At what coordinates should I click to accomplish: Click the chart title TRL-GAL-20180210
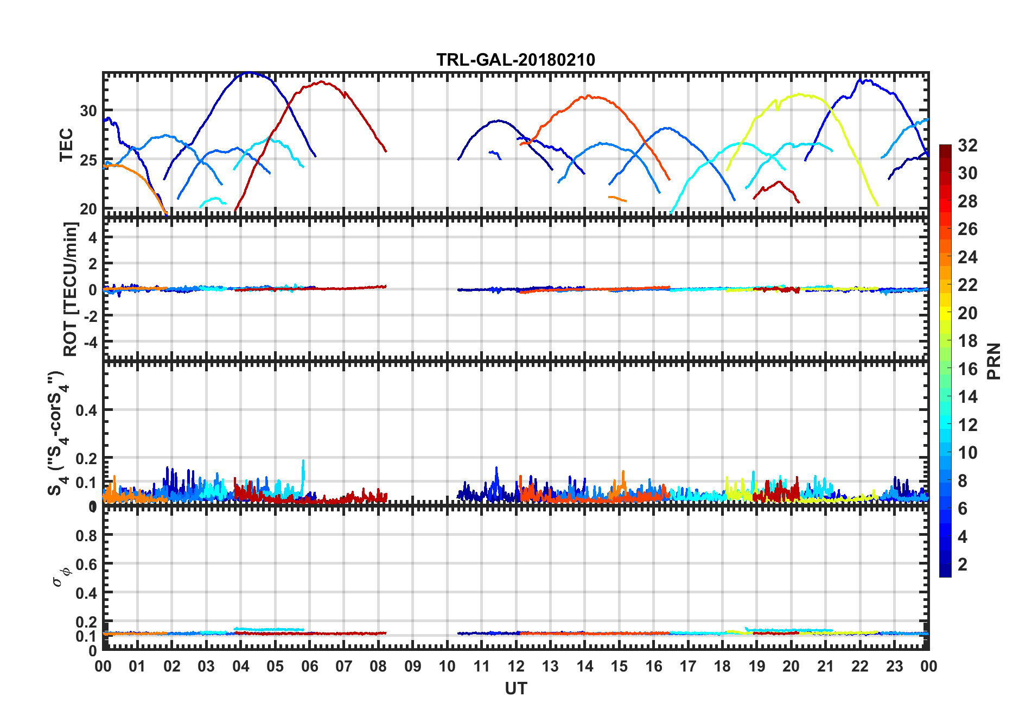(x=515, y=60)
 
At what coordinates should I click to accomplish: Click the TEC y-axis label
(x=66, y=145)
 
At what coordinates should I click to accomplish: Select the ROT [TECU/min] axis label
(x=71, y=289)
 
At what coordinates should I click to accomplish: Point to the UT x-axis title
(x=515, y=688)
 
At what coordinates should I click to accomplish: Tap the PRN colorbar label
(x=993, y=361)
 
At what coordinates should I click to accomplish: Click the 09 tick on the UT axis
(x=412, y=666)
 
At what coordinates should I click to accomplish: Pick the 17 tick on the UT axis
(x=688, y=666)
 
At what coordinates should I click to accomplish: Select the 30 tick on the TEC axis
(x=88, y=111)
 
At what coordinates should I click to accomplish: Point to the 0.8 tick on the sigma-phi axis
(x=87, y=535)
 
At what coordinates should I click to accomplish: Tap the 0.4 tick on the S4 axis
(x=87, y=410)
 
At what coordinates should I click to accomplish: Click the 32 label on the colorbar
(x=967, y=145)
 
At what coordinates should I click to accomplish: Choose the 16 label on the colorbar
(x=967, y=369)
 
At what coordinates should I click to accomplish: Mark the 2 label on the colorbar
(x=963, y=565)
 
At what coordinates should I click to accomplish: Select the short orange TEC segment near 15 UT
(x=617, y=199)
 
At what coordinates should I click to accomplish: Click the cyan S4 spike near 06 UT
(x=303, y=461)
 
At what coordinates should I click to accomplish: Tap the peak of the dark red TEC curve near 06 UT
(x=322, y=82)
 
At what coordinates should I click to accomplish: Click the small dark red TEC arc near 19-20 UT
(x=779, y=183)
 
